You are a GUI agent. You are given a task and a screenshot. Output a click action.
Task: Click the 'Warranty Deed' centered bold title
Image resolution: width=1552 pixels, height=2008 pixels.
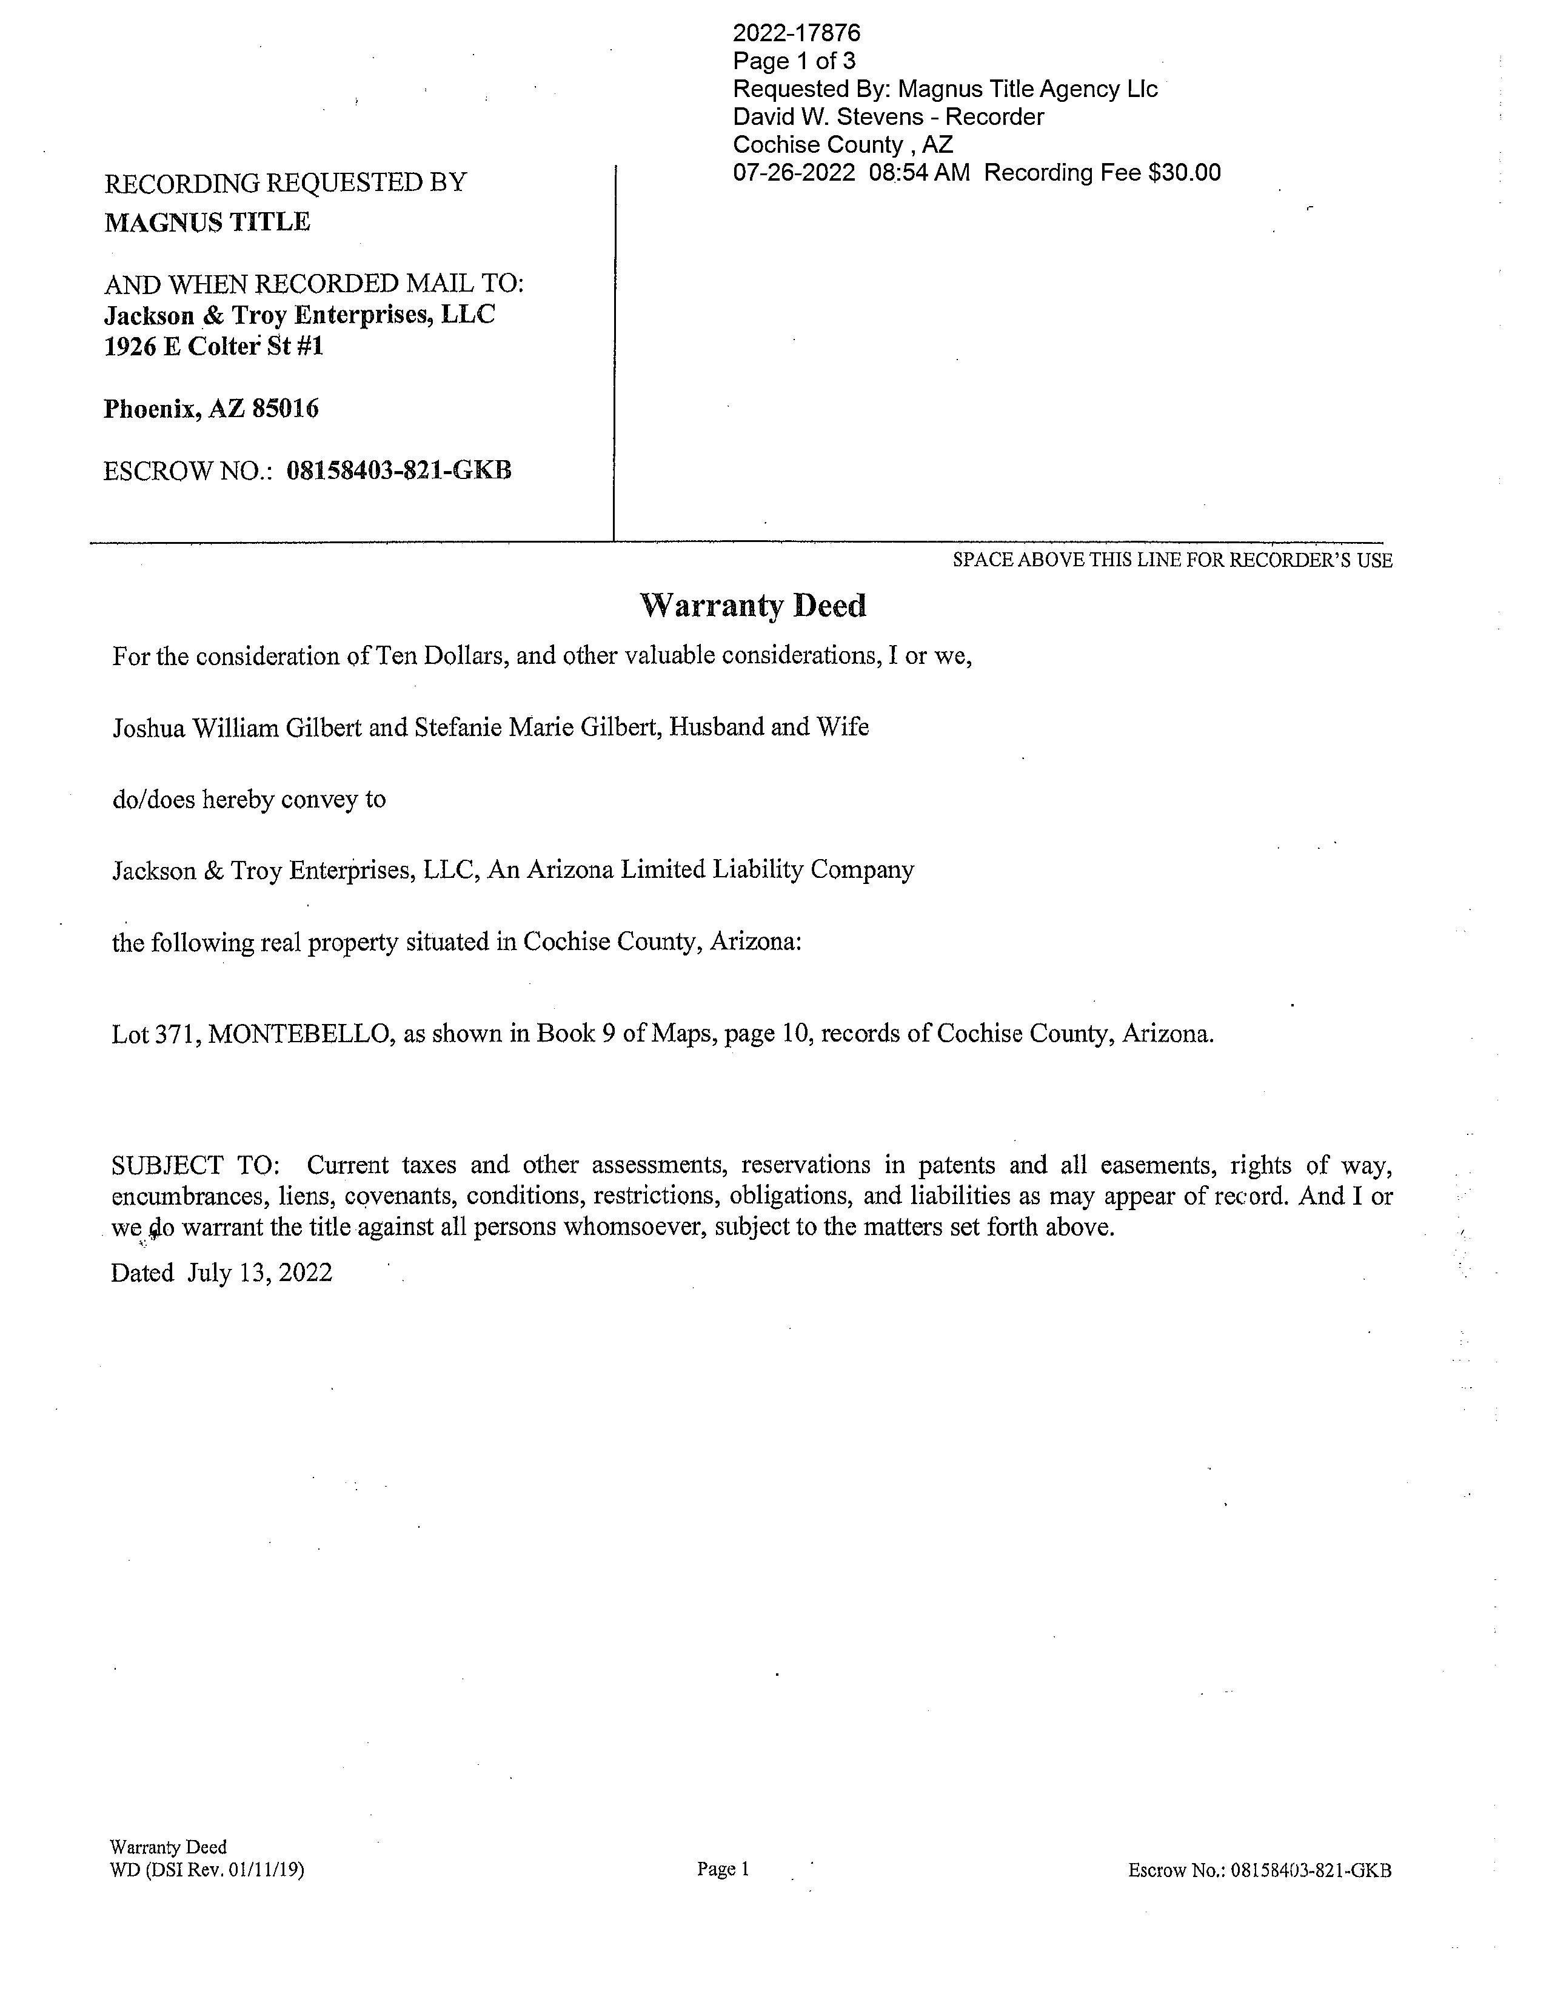pyautogui.click(x=752, y=606)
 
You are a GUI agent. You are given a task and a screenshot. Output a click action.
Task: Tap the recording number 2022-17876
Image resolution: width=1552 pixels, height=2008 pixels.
pyautogui.click(x=796, y=34)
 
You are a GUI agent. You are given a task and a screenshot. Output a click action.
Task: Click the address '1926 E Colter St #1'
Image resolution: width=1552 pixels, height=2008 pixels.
pyautogui.click(x=213, y=347)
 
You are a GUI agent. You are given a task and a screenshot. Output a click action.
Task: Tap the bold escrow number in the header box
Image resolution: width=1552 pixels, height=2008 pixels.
pyautogui.click(x=399, y=470)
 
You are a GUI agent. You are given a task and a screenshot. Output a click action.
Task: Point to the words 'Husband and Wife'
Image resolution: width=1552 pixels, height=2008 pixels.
pyautogui.click(x=769, y=728)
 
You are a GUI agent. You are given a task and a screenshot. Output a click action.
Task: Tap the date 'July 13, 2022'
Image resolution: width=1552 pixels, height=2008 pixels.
pyautogui.click(x=259, y=1273)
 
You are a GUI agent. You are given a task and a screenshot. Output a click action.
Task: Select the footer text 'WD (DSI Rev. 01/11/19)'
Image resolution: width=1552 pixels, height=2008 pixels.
pyautogui.click(x=206, y=1870)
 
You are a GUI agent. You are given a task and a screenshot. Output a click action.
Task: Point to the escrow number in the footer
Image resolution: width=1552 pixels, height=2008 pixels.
pyautogui.click(x=1310, y=1870)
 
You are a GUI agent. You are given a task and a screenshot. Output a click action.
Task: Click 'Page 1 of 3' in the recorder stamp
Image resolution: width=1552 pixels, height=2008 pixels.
pyautogui.click(x=794, y=62)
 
